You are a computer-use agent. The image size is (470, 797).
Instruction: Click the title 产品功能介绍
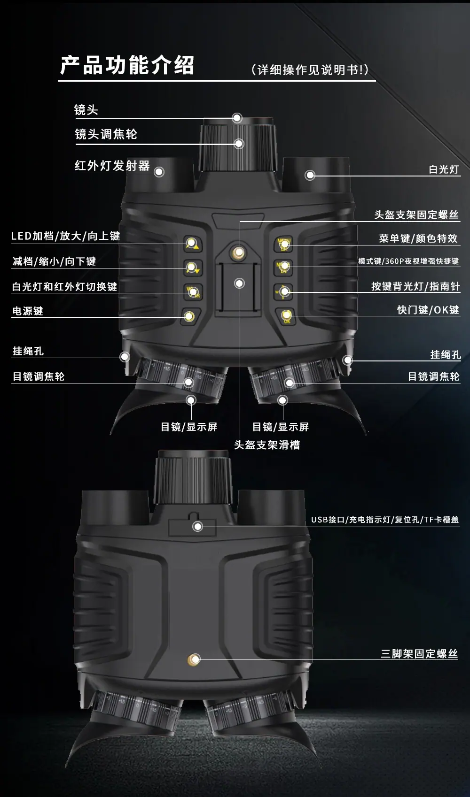(x=127, y=65)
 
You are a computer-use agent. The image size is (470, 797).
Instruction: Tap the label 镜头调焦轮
(x=106, y=134)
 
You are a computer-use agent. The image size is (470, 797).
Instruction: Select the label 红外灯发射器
(x=112, y=165)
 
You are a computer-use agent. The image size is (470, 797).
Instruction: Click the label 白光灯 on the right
(x=444, y=169)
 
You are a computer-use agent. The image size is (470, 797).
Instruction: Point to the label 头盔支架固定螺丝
(x=416, y=215)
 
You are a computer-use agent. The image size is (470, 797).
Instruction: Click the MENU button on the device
(x=284, y=245)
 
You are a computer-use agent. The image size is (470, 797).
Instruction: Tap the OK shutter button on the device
(x=286, y=316)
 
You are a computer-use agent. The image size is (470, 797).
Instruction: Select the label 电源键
(x=28, y=311)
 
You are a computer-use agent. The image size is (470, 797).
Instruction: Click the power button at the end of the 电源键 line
(x=189, y=316)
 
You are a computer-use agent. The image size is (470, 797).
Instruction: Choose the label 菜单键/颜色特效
(x=418, y=238)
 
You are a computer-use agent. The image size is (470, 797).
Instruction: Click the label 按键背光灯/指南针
(x=415, y=286)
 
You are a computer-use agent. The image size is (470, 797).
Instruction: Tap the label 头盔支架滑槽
(x=267, y=445)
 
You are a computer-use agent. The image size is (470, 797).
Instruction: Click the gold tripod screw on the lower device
(x=194, y=659)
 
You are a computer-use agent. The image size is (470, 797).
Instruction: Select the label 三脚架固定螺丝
(x=419, y=653)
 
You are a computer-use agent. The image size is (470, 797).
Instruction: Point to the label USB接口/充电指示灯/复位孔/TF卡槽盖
(x=385, y=520)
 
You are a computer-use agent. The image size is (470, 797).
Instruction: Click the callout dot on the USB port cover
(x=198, y=526)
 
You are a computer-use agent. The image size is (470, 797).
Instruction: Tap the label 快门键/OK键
(x=428, y=309)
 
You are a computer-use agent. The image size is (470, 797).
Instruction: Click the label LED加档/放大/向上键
(x=65, y=236)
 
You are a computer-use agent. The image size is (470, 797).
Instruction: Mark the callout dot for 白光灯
(x=310, y=175)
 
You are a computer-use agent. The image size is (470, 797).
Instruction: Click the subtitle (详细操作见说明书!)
(x=310, y=70)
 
